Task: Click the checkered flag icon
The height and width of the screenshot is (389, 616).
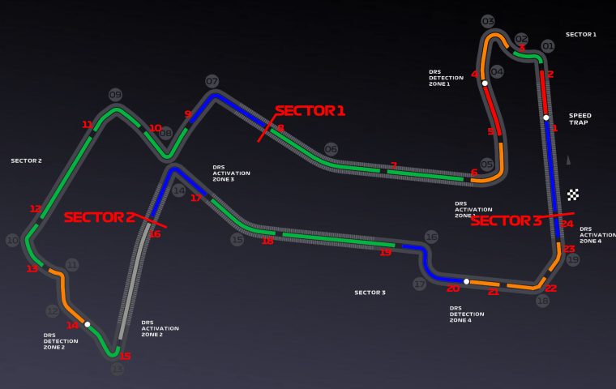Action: (x=574, y=194)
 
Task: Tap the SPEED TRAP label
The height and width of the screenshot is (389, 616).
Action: (x=580, y=119)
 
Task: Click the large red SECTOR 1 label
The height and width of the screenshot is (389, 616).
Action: (x=310, y=111)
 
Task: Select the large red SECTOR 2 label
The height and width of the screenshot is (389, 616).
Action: (x=99, y=217)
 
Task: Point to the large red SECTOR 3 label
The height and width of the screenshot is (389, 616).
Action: (x=506, y=220)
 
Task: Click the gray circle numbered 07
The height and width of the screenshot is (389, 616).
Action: (x=212, y=82)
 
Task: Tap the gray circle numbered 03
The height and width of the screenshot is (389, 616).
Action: (x=488, y=22)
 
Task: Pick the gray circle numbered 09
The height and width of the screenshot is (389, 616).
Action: (x=115, y=95)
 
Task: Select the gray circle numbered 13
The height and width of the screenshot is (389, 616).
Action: (x=118, y=369)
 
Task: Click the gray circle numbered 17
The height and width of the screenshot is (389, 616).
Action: (x=419, y=284)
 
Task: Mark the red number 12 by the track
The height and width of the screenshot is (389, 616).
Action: (x=35, y=209)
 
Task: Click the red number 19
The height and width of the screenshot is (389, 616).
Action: (x=385, y=253)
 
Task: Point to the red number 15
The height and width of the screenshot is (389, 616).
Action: (x=125, y=356)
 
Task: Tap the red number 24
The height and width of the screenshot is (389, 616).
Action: (x=567, y=224)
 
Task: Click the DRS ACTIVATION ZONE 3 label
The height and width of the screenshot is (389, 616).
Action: (x=231, y=173)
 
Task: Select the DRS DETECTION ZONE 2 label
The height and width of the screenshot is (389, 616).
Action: (x=61, y=341)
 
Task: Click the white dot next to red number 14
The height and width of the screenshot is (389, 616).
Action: (x=88, y=324)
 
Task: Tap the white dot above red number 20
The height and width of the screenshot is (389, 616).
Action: (x=466, y=281)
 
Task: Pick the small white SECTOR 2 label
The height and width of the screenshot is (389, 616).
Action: (x=26, y=160)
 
